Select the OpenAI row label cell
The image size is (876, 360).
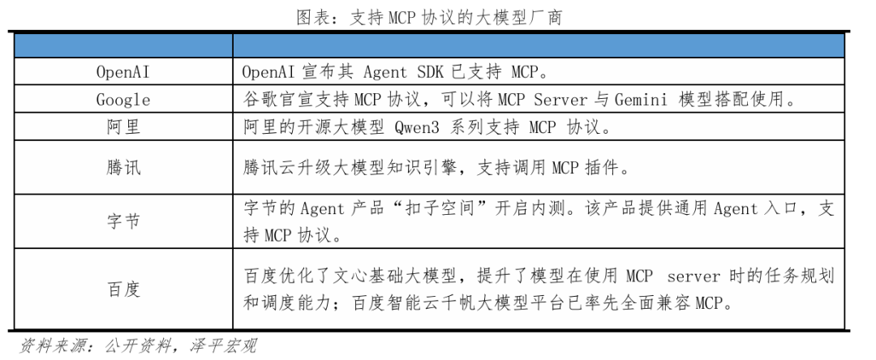pos(122,72)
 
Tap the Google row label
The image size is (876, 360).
pos(122,101)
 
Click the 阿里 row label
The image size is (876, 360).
pos(122,128)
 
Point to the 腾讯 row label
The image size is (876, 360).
pos(122,169)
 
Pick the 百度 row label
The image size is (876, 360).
pos(122,289)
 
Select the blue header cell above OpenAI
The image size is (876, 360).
pos(122,44)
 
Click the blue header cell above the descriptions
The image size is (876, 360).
pos(540,44)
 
